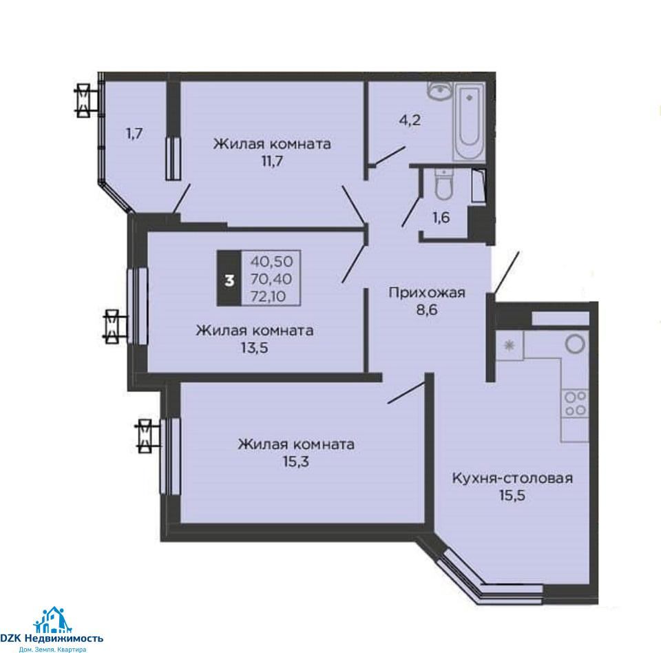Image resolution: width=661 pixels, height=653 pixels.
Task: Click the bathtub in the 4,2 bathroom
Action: click(469, 121)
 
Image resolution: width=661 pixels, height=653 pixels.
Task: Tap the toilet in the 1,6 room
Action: click(443, 185)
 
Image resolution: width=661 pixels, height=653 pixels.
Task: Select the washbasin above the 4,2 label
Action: click(440, 90)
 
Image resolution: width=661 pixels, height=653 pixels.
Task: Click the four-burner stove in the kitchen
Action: click(576, 403)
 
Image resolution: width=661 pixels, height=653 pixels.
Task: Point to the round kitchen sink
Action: click(576, 343)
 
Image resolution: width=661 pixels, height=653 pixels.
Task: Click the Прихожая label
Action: click(427, 292)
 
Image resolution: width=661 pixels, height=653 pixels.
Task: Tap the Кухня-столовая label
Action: click(512, 478)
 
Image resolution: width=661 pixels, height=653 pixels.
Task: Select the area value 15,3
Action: click(295, 462)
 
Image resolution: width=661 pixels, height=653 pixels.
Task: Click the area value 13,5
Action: click(255, 348)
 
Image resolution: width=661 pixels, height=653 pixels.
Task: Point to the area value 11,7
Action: click(272, 161)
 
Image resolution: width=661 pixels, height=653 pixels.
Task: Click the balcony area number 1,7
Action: click(134, 134)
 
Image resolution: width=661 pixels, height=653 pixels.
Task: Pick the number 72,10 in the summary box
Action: click(268, 297)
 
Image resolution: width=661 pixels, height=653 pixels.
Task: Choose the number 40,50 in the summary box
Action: click(271, 262)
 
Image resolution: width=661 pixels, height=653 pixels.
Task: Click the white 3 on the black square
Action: click(229, 280)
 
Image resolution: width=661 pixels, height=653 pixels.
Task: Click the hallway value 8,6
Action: click(427, 310)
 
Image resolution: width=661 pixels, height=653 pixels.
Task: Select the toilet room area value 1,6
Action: click(441, 218)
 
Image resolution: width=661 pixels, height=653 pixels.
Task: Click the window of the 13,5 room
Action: click(138, 307)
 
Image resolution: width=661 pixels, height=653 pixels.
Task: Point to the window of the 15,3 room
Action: click(170, 456)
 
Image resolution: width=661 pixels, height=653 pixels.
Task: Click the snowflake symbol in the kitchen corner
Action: click(510, 346)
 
